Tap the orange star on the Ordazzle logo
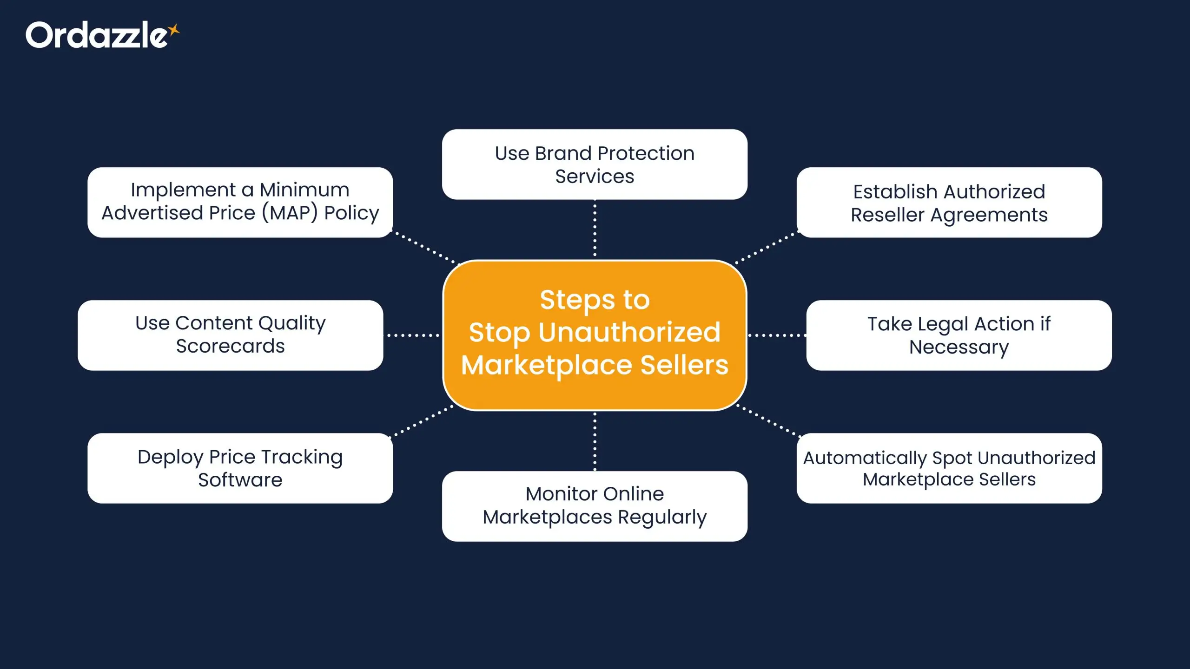click(x=174, y=31)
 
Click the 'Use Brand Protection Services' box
click(x=595, y=164)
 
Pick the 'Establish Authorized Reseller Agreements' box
click(x=949, y=203)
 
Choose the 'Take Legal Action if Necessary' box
click(x=959, y=335)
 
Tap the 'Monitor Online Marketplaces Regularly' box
click(x=595, y=506)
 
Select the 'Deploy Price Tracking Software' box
click(x=240, y=468)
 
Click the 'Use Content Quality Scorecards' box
click(x=231, y=335)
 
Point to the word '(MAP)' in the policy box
click(x=290, y=213)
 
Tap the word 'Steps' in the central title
click(x=577, y=300)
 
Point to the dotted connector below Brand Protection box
click(x=595, y=229)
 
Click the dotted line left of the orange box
click(x=413, y=335)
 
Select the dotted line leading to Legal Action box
click(x=776, y=335)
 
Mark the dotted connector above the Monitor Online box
click(x=595, y=441)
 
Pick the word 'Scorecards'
click(x=231, y=347)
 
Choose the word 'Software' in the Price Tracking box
click(x=240, y=480)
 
